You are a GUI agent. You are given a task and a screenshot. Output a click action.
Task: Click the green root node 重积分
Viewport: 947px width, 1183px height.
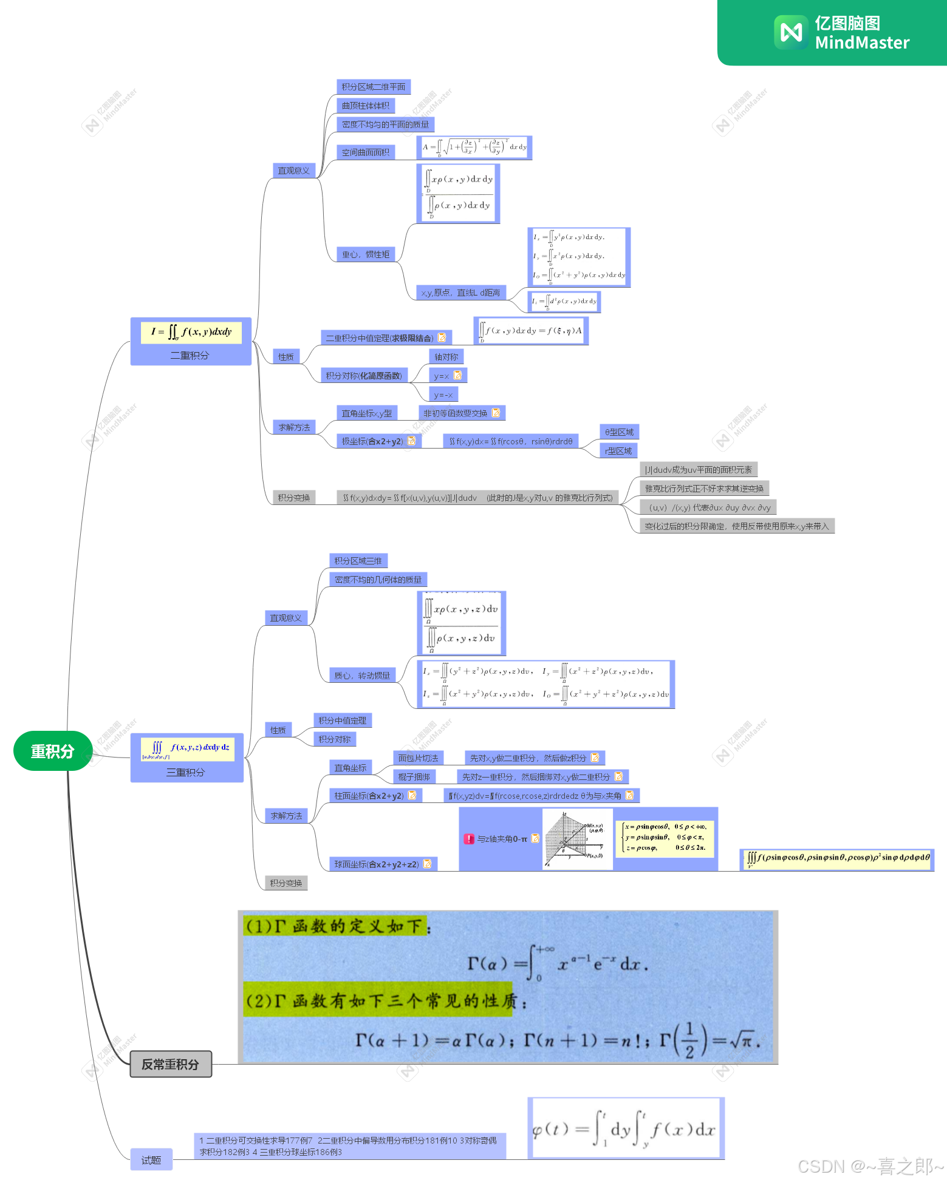53,751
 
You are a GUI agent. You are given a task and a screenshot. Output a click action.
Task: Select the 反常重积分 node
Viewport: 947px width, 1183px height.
171,1064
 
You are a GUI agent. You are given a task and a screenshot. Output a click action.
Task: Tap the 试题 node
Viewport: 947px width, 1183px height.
151,1160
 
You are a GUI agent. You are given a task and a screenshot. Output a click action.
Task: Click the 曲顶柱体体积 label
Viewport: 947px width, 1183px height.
366,106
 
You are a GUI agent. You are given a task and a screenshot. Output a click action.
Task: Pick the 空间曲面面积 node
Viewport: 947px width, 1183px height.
366,152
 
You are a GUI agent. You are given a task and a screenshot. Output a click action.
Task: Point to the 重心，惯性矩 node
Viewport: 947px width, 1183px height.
366,254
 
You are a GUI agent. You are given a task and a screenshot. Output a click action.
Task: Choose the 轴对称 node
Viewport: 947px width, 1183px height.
446,357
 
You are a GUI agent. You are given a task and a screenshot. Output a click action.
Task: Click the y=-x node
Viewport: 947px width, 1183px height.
443,395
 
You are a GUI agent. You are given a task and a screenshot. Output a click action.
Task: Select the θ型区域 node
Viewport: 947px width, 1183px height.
619,432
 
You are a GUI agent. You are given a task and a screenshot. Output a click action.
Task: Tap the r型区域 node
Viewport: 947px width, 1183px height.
618,451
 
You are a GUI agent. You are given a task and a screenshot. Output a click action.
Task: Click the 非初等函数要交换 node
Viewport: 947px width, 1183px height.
456,413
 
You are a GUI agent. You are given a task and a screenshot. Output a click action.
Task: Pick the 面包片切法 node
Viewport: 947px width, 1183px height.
419,758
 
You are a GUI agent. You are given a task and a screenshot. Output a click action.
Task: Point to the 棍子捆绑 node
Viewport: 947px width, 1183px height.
414,777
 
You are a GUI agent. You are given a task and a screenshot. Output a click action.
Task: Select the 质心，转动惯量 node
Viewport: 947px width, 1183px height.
363,676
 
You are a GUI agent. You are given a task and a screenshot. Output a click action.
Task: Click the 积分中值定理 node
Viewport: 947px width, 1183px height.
343,720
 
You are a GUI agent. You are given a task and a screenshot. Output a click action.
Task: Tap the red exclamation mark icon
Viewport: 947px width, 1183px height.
469,839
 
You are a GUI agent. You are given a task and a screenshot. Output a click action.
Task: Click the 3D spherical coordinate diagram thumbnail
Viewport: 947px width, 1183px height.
577,839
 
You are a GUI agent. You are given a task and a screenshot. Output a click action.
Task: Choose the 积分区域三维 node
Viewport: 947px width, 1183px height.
358,561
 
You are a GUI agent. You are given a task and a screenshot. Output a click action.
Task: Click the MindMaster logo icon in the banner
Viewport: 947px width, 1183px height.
791,32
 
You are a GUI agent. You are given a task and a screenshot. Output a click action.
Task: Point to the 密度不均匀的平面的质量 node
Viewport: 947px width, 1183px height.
385,124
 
